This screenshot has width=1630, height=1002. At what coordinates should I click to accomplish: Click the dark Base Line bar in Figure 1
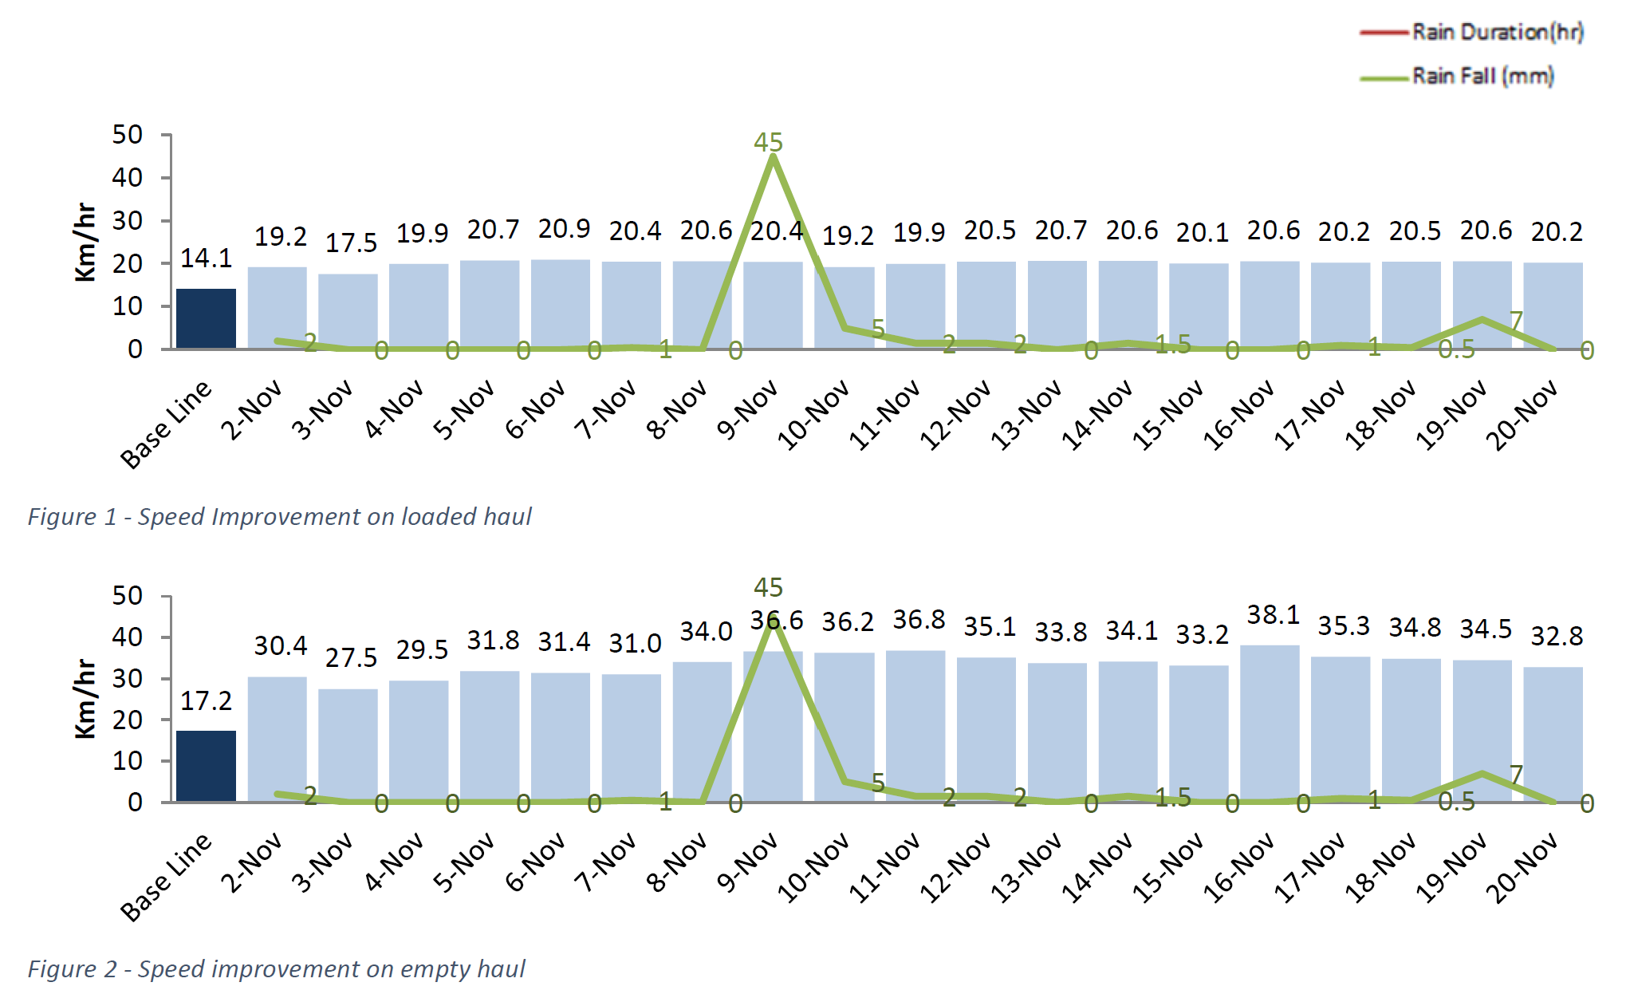coord(206,318)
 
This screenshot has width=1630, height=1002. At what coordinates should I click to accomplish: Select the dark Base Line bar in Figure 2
coord(206,766)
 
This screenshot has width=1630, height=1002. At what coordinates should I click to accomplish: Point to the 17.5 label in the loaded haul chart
coord(351,243)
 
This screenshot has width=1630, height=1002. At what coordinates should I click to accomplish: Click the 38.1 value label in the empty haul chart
coord(1273,615)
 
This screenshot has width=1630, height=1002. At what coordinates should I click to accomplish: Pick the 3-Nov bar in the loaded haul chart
coord(348,311)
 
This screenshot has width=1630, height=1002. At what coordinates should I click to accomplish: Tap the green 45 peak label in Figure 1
coord(768,143)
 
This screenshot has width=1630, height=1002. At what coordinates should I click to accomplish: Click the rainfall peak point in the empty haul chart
coord(772,619)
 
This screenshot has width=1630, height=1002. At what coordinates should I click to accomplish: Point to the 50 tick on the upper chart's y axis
coord(127,135)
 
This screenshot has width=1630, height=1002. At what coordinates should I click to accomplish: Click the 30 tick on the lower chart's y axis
coord(127,679)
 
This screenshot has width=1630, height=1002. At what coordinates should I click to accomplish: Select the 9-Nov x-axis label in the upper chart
coord(746,410)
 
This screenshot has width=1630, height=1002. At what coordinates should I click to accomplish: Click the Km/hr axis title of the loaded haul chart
coord(85,243)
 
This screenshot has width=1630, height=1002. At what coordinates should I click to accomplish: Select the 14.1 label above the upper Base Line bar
coord(206,258)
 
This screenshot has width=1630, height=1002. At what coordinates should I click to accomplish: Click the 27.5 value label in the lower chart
coord(351,658)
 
